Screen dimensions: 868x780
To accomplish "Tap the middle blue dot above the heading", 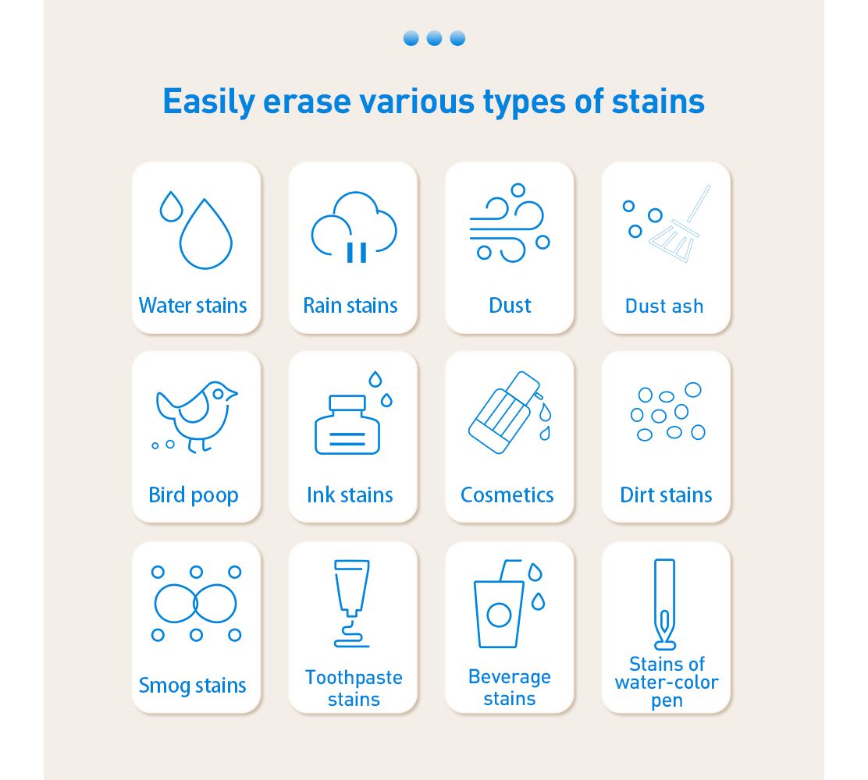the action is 435,38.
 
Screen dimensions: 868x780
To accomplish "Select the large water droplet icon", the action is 205,233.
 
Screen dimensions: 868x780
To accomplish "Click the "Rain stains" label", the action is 350,305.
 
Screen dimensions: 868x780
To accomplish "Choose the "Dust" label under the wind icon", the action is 510,305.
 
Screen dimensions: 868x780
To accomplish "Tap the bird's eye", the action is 218,394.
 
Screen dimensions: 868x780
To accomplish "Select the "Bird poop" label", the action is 194,495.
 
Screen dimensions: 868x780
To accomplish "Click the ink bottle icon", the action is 347,425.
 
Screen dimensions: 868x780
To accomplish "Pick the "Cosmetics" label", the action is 507,495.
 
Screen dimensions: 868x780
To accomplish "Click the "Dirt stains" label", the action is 666,495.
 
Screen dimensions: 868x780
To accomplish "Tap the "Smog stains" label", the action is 193,686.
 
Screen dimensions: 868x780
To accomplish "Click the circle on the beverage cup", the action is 499,615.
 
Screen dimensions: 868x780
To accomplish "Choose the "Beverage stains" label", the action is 510,688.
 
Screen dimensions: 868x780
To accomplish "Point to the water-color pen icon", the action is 665,604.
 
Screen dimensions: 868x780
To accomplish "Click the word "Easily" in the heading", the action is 209,102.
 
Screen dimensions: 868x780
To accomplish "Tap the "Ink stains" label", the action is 350,495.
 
